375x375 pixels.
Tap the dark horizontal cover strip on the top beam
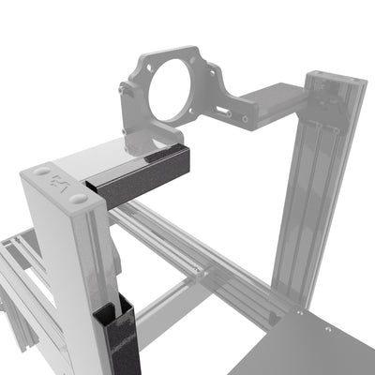(141, 178)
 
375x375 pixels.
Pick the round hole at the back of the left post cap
(42, 172)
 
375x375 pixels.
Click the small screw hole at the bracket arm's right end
(245, 119)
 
